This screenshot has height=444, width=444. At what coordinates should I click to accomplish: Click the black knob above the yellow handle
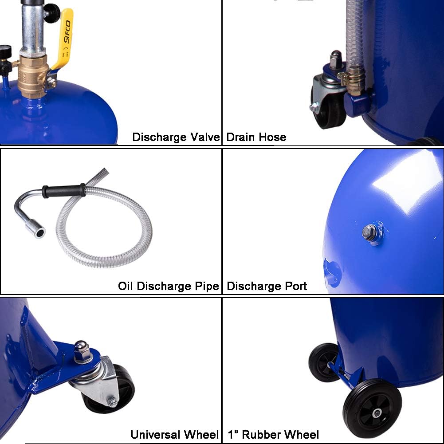coord(52,13)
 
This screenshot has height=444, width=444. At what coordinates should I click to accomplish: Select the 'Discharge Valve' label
coord(176,137)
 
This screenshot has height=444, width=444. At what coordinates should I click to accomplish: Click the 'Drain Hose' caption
coord(256,137)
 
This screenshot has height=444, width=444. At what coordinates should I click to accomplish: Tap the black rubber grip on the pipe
coord(64,191)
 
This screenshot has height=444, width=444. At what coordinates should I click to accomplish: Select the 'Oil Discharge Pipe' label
coord(169,286)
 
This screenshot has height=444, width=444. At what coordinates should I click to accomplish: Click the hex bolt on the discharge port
coord(369,232)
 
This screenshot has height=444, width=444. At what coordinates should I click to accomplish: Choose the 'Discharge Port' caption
coord(267,286)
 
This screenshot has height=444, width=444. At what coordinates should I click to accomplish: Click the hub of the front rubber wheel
coord(377,413)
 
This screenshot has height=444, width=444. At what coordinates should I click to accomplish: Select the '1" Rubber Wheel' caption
coord(273,435)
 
